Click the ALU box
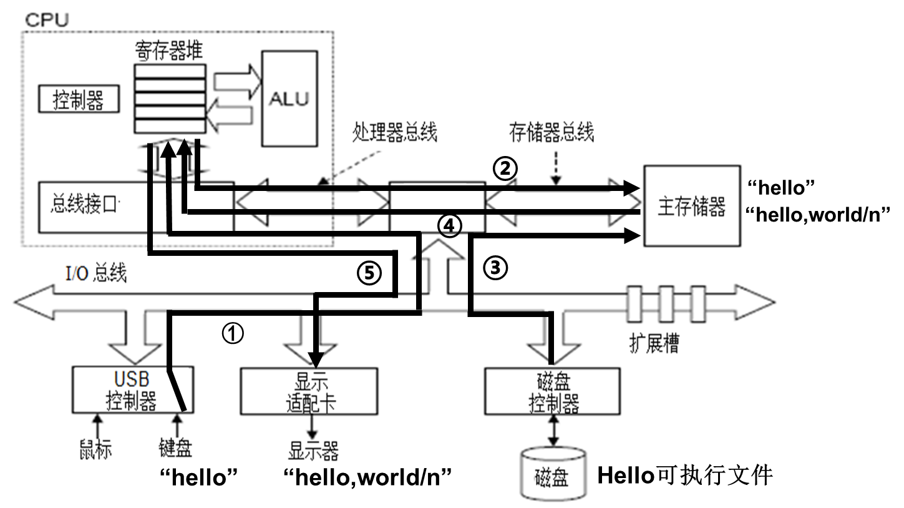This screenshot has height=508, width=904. coord(288,99)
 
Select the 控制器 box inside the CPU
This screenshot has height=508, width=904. coord(79,100)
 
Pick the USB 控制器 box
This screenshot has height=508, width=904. coord(131,391)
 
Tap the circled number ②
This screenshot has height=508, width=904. coord(505,167)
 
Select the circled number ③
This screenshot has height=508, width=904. coord(495,268)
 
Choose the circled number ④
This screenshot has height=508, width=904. coord(449,225)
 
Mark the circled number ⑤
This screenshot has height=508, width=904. coord(368,273)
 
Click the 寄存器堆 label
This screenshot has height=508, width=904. coord(168,50)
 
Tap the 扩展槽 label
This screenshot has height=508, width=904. coord(654,343)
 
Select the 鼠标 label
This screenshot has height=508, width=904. coord(95,449)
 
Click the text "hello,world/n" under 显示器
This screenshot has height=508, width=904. coord(367,477)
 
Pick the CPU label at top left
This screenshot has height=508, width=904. coord(47,19)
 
